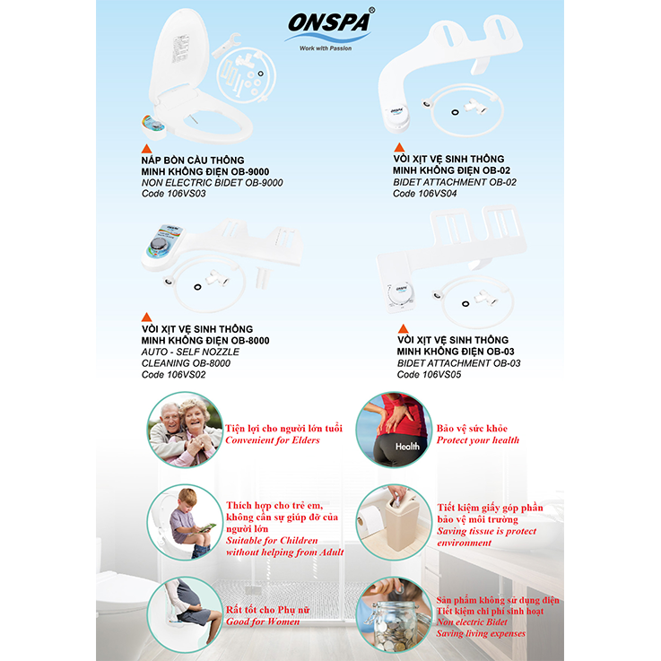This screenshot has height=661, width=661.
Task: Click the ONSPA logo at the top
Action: pos(330,24)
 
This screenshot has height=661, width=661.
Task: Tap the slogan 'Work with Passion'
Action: pos(326,48)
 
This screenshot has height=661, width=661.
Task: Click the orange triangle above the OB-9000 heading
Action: pos(147,149)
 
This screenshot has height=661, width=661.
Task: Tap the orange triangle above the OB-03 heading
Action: pos(403,329)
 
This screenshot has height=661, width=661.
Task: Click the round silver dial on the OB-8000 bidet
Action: pos(159,245)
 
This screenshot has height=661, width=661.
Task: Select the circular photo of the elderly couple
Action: pos(185,430)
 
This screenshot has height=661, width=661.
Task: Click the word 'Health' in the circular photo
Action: pos(407,447)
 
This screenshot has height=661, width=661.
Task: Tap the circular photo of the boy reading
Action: pos(185,522)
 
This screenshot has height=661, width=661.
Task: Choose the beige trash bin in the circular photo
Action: pos(401,522)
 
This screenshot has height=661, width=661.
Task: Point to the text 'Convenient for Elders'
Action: pos(273,440)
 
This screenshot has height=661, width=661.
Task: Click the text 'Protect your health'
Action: pos(478,440)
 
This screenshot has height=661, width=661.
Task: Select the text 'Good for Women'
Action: pos(263,622)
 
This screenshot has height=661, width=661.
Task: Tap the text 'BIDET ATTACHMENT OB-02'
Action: pos(455,182)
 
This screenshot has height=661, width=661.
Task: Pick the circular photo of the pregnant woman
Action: pos(185,614)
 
